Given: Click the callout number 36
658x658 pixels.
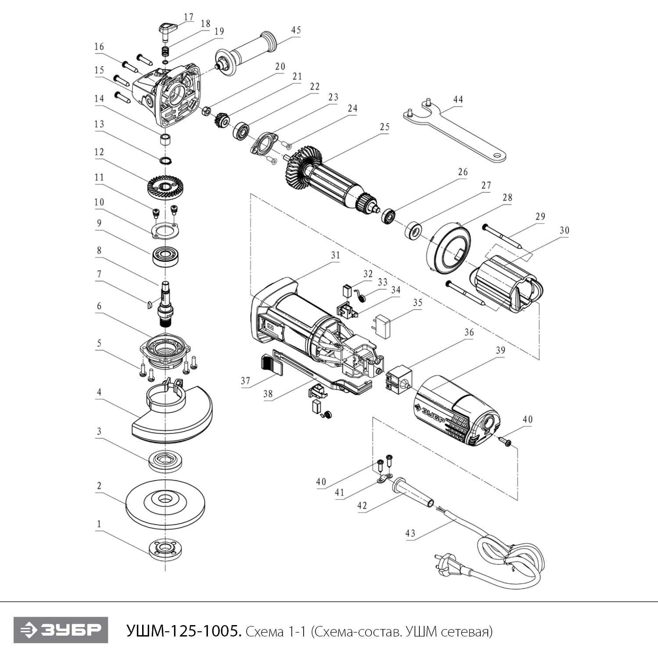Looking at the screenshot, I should [469, 333].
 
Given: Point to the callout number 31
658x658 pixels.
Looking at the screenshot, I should [336, 255].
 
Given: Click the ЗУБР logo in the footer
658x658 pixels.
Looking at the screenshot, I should [61, 630].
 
